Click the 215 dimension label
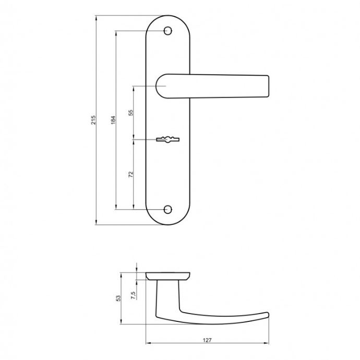tap(93, 120)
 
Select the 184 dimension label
tap(113, 120)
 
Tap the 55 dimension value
tap(130, 113)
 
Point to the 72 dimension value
tap(130, 174)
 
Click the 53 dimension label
tap(118, 298)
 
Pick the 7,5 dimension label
tap(133, 295)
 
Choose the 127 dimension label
tap(207, 340)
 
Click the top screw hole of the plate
tap(168, 31)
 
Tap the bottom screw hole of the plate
tap(168, 209)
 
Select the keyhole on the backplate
tap(167, 139)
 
